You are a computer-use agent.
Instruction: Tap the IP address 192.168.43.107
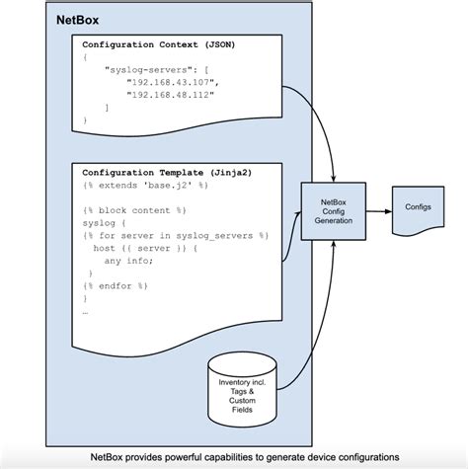169,83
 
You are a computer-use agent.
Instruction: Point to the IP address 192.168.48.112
169,95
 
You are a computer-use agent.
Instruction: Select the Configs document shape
417,210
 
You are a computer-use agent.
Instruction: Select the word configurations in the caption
365,457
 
